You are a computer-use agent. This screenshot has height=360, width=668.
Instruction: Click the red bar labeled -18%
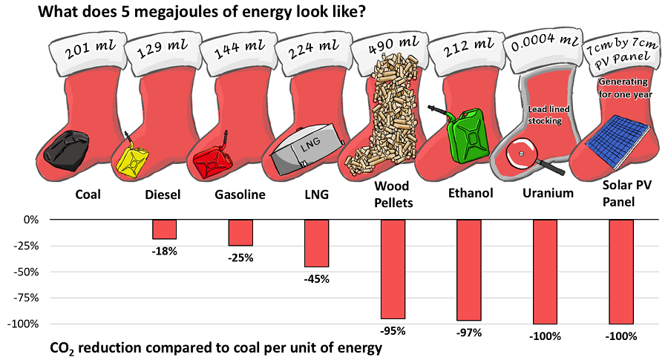pyautogui.click(x=164, y=229)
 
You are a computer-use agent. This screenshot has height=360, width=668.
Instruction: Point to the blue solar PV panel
pyautogui.click(x=615, y=141)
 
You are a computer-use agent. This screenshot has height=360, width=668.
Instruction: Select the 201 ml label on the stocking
pyautogui.click(x=88, y=52)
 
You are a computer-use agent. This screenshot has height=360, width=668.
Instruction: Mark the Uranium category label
pyautogui.click(x=547, y=194)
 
